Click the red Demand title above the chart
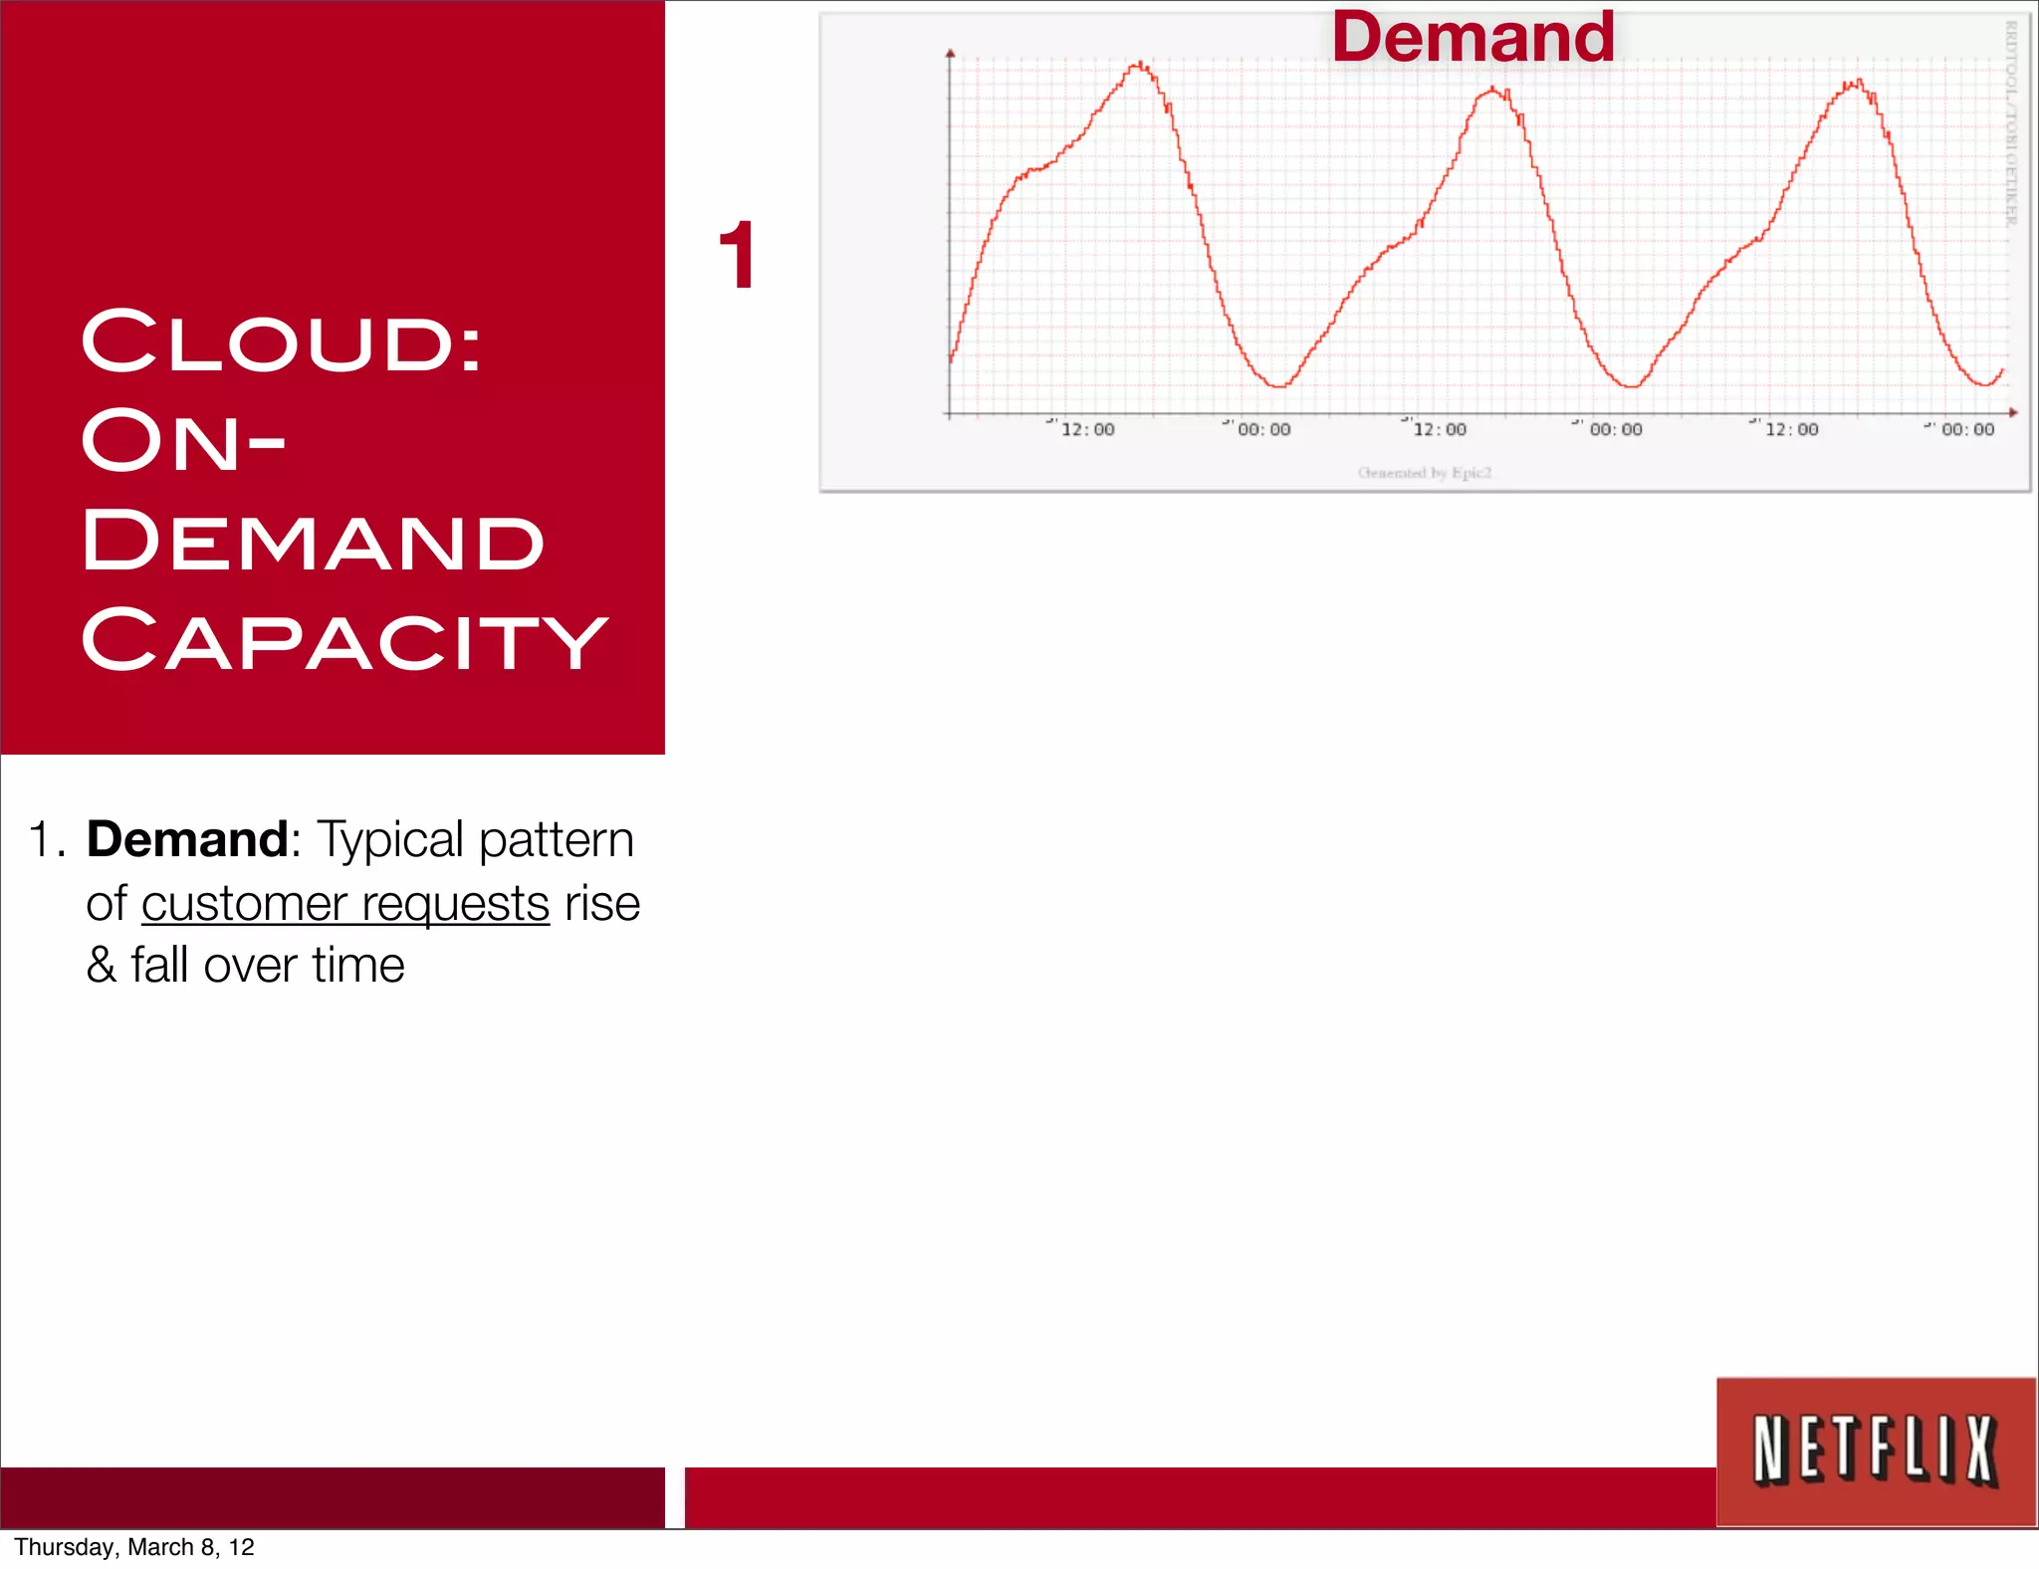[x=1472, y=38]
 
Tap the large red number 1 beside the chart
[x=737, y=256]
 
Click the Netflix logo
[x=1876, y=1451]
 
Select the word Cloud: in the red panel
[x=282, y=341]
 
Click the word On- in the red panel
[x=183, y=441]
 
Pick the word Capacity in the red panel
[x=344, y=640]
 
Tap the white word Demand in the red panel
[x=313, y=541]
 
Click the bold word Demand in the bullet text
[x=187, y=838]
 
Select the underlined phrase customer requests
[x=345, y=904]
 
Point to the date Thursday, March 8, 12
[x=134, y=1547]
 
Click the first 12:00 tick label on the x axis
[x=1087, y=429]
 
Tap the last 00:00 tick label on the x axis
[x=1967, y=429]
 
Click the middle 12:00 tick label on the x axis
[x=1440, y=429]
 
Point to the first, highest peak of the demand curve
[x=1139, y=66]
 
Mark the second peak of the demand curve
[x=1492, y=91]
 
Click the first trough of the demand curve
[x=1279, y=384]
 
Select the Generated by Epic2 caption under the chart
[x=1425, y=473]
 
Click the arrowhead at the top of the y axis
[x=950, y=53]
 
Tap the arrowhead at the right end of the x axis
[x=2013, y=412]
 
